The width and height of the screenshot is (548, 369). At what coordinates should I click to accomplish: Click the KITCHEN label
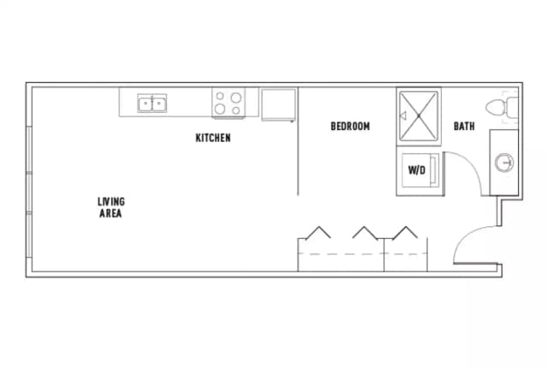click(x=213, y=137)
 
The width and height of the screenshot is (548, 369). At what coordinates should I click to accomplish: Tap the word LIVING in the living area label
click(x=110, y=202)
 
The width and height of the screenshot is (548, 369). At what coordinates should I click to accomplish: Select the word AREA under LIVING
click(x=110, y=213)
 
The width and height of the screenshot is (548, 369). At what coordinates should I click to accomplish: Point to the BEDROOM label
click(x=350, y=127)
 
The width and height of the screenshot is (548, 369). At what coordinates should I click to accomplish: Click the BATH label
click(x=464, y=127)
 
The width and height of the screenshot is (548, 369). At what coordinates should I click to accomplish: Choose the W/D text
click(x=416, y=170)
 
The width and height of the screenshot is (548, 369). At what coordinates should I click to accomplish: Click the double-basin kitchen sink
click(x=153, y=104)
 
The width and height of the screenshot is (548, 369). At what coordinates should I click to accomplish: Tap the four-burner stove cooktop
click(x=229, y=103)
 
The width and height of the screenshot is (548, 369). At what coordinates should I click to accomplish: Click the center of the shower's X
click(x=418, y=117)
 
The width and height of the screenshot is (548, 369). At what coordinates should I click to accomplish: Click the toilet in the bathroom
click(x=500, y=108)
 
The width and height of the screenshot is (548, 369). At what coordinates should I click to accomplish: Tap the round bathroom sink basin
click(x=504, y=161)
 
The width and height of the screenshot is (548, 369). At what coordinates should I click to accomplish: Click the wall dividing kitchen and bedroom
click(x=298, y=154)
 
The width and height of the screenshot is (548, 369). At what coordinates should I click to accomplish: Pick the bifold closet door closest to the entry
click(x=405, y=232)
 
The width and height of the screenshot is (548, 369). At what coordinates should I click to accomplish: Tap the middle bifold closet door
click(x=365, y=232)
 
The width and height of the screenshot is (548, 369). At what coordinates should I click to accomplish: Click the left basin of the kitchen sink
click(x=146, y=104)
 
